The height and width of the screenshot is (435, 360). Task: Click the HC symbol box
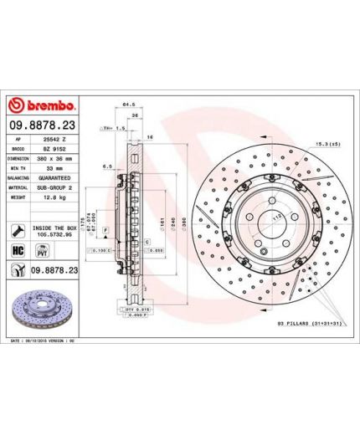click(x=16, y=250)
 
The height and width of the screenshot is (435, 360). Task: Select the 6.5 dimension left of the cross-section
click(x=109, y=167)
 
